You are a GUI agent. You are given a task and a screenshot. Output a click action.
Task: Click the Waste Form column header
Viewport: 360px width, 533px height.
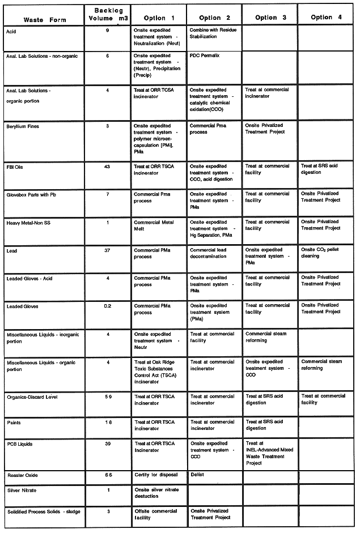tap(45, 20)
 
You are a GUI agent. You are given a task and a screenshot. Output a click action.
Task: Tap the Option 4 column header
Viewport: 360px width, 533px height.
tap(326, 17)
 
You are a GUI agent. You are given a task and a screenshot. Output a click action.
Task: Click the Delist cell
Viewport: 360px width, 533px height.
tap(197, 474)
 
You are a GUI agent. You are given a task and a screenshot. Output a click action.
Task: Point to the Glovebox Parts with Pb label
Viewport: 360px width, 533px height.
tap(31, 194)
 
